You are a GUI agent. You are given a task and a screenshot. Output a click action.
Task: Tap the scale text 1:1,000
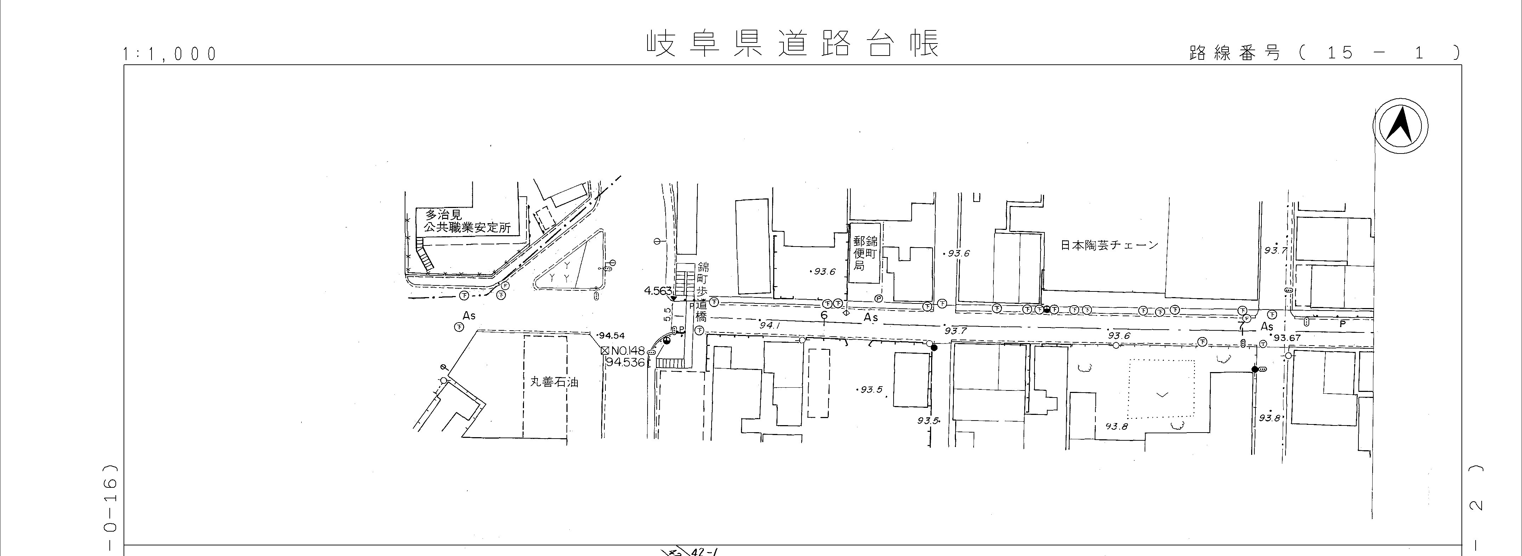[170, 54]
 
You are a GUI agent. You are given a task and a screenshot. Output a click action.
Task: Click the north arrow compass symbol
[1400, 127]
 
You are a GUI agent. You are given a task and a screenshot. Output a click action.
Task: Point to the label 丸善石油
[554, 382]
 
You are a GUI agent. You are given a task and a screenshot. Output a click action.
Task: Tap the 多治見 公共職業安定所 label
[467, 222]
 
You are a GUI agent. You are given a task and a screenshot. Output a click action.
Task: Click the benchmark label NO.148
[627, 351]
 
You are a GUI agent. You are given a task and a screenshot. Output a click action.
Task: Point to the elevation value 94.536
[625, 363]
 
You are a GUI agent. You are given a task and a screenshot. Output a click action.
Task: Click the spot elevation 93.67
[1287, 338]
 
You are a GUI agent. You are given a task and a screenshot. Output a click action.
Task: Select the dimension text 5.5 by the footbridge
[668, 314]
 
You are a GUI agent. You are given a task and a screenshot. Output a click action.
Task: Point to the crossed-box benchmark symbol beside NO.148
[604, 351]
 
